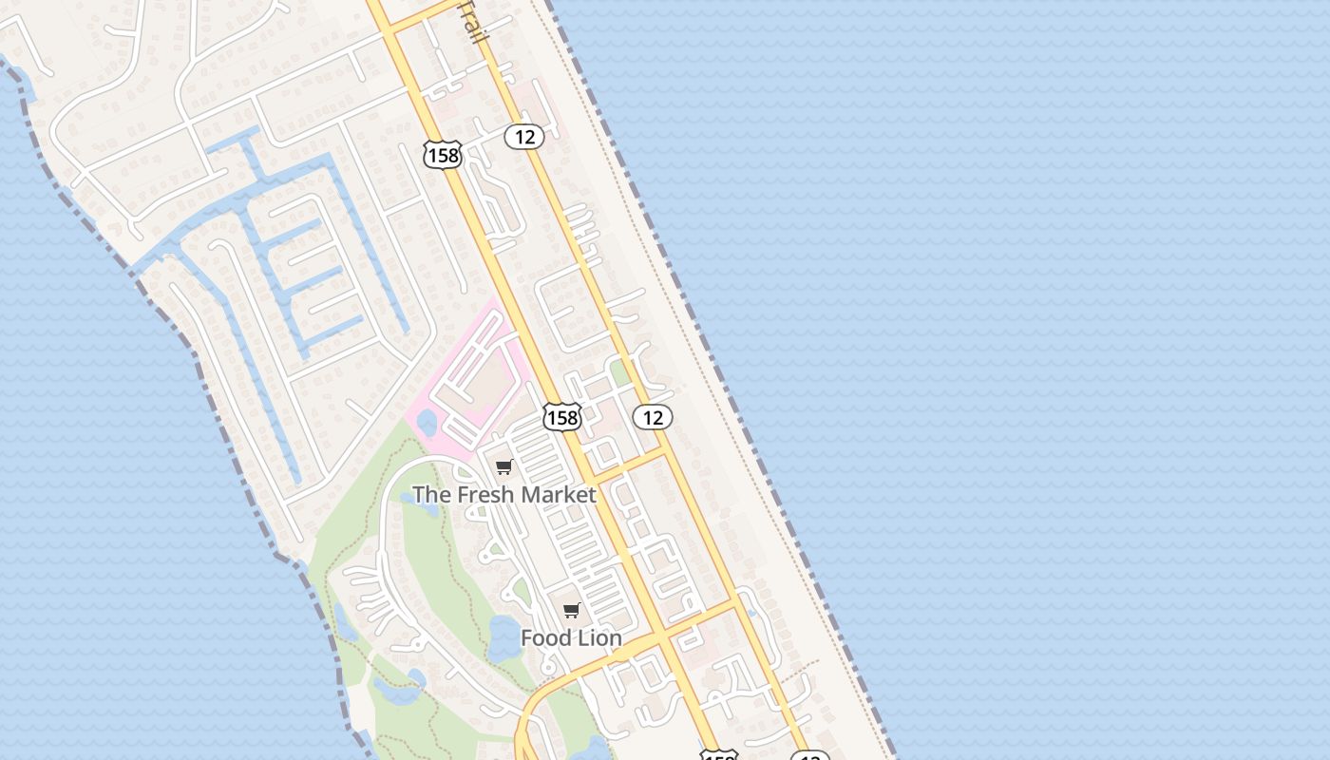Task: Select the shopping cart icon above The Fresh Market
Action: click(504, 466)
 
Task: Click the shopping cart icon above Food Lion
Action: click(571, 610)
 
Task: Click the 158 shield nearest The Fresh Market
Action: click(562, 416)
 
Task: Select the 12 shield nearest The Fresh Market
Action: click(653, 416)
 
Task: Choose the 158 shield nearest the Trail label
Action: click(443, 154)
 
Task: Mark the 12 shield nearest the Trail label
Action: click(523, 137)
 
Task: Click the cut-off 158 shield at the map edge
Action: click(718, 755)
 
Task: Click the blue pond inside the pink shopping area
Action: click(427, 422)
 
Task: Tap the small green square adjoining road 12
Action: click(619, 372)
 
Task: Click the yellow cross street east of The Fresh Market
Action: click(627, 465)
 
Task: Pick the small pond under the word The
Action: click(425, 508)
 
